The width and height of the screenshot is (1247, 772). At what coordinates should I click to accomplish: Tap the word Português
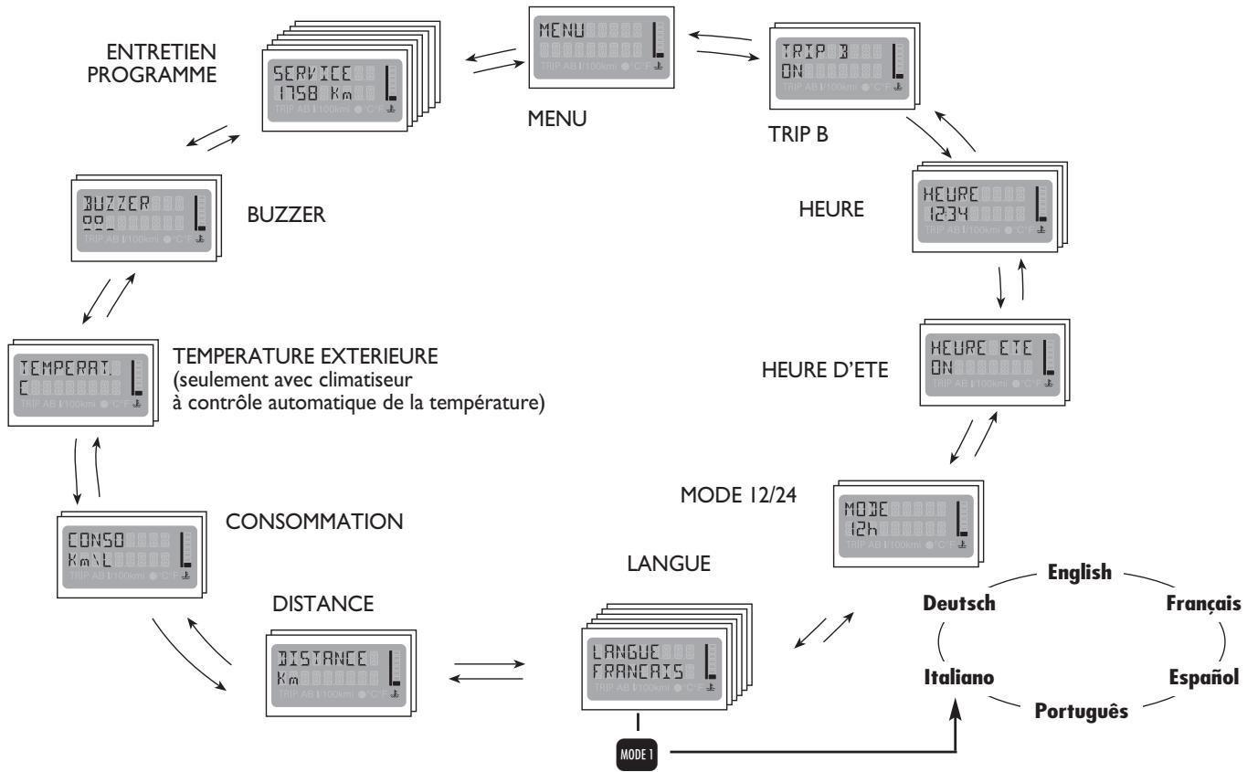pos(1081,710)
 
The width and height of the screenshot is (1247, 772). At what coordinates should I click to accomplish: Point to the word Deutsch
pos(957,604)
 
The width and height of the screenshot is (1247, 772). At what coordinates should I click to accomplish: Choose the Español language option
pos(1203,677)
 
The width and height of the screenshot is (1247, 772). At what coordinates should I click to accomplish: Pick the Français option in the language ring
pos(1203,604)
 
